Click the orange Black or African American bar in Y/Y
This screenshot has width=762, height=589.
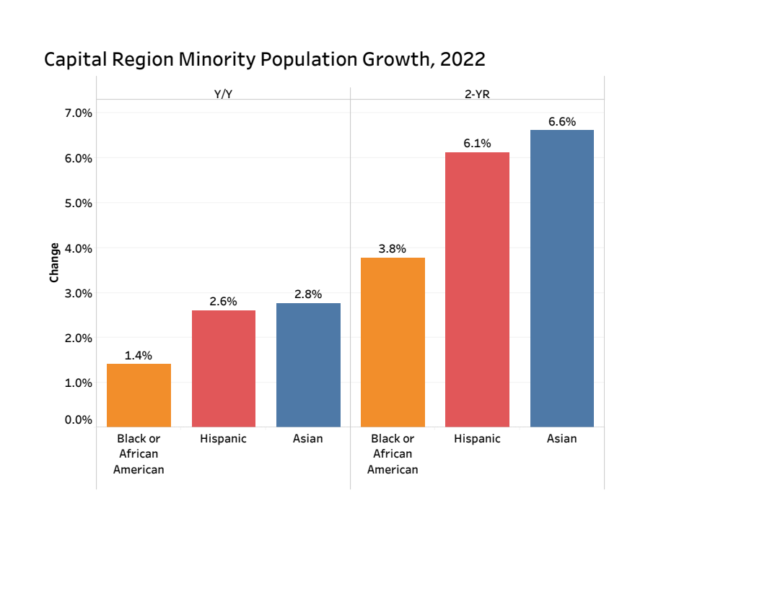[x=139, y=395]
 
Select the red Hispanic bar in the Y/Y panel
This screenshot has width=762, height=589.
[x=224, y=368]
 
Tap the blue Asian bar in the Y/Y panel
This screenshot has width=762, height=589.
[x=308, y=365]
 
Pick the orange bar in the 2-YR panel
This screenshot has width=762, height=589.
[x=393, y=342]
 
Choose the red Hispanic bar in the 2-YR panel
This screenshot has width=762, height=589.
[x=477, y=289]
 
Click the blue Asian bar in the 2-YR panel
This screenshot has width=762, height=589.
[x=561, y=278]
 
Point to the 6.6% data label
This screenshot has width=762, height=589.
[x=561, y=122]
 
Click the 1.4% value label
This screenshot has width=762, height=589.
[x=139, y=355]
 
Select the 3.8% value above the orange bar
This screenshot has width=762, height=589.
[x=393, y=249]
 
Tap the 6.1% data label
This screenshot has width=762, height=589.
[x=477, y=144]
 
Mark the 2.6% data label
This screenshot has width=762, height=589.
[x=224, y=302]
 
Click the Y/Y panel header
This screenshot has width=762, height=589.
[x=223, y=94]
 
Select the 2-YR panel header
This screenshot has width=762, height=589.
[x=477, y=94]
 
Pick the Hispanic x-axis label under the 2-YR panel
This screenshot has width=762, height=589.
[x=477, y=438]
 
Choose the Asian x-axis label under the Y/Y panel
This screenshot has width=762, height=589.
[x=308, y=438]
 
